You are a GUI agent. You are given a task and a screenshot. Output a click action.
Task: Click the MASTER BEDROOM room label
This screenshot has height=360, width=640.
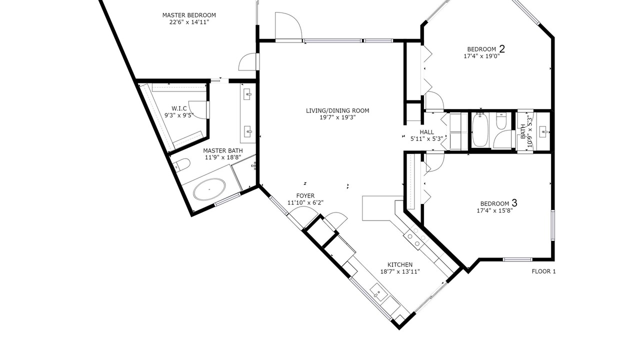[x=189, y=15]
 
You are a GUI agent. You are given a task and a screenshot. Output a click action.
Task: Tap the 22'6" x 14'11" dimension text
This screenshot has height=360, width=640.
[x=189, y=22]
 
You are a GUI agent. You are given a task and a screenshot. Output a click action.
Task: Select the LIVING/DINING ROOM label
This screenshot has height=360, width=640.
[x=337, y=110]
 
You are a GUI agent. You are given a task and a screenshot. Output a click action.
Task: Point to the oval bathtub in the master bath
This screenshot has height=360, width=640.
[x=209, y=189]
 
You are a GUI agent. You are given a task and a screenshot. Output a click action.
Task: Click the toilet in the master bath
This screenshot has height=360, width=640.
[x=182, y=164]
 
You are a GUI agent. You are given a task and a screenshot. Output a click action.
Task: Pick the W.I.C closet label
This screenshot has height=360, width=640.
[x=179, y=108]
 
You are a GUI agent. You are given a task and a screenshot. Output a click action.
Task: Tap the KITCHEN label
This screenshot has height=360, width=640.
[x=400, y=265]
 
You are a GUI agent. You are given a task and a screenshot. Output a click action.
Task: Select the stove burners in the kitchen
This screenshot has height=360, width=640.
[x=416, y=237]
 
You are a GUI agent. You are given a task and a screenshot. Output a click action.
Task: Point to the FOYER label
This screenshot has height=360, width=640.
[x=305, y=195]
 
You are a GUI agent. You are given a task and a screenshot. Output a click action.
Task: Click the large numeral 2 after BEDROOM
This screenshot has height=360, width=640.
[x=501, y=49]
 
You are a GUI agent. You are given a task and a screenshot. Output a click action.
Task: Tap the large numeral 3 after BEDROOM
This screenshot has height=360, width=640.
[x=514, y=203]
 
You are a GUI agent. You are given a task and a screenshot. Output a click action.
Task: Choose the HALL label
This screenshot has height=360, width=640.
[x=427, y=132]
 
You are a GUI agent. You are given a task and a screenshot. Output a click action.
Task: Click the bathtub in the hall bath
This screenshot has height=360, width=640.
[x=480, y=130]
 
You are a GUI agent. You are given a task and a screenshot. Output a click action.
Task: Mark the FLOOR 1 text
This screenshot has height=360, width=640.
[x=543, y=271]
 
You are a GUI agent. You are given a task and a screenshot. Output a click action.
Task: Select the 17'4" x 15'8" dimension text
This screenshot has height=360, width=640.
[x=495, y=211]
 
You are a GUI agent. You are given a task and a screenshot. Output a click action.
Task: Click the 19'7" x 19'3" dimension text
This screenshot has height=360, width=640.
[x=337, y=117]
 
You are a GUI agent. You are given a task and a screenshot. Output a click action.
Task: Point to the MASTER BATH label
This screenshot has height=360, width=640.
[x=223, y=150]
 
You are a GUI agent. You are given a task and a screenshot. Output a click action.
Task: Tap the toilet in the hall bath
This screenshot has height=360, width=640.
[x=501, y=121]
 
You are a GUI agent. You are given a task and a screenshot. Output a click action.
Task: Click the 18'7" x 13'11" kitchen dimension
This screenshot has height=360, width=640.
[x=400, y=271]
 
